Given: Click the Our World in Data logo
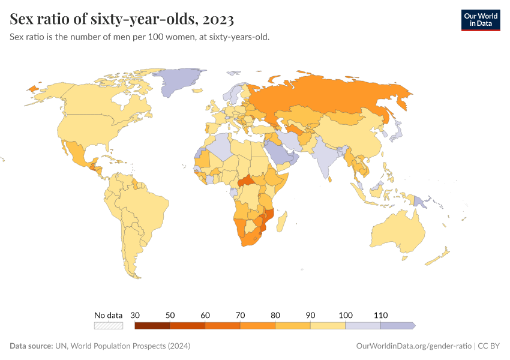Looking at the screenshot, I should coord(480,20).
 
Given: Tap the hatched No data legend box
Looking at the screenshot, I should coord(109,326).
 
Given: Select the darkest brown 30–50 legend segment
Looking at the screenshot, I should coord(152,326).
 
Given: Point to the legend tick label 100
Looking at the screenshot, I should coord(346,315).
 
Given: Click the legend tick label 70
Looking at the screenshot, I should coord(241,315).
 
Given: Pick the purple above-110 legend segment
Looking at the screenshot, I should coord(397,326).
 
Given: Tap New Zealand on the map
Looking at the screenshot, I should coord(441,257).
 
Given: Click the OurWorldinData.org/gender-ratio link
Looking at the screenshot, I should coord(413,346).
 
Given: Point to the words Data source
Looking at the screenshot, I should coord(31,346).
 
